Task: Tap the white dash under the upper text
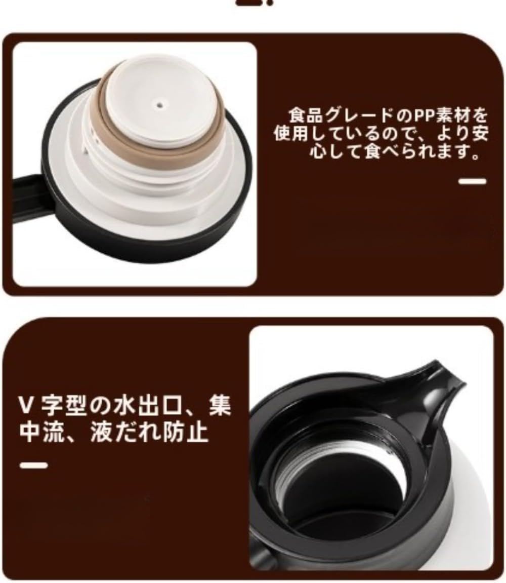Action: click(x=472, y=181)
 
